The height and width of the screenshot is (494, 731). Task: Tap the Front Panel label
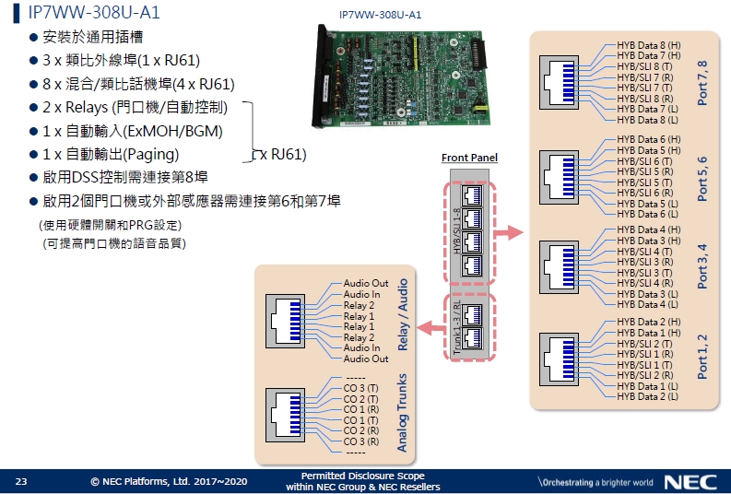[x=469, y=158]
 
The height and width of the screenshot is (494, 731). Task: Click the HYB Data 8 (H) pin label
[x=648, y=44]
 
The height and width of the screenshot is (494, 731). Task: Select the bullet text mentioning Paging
[x=111, y=153]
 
